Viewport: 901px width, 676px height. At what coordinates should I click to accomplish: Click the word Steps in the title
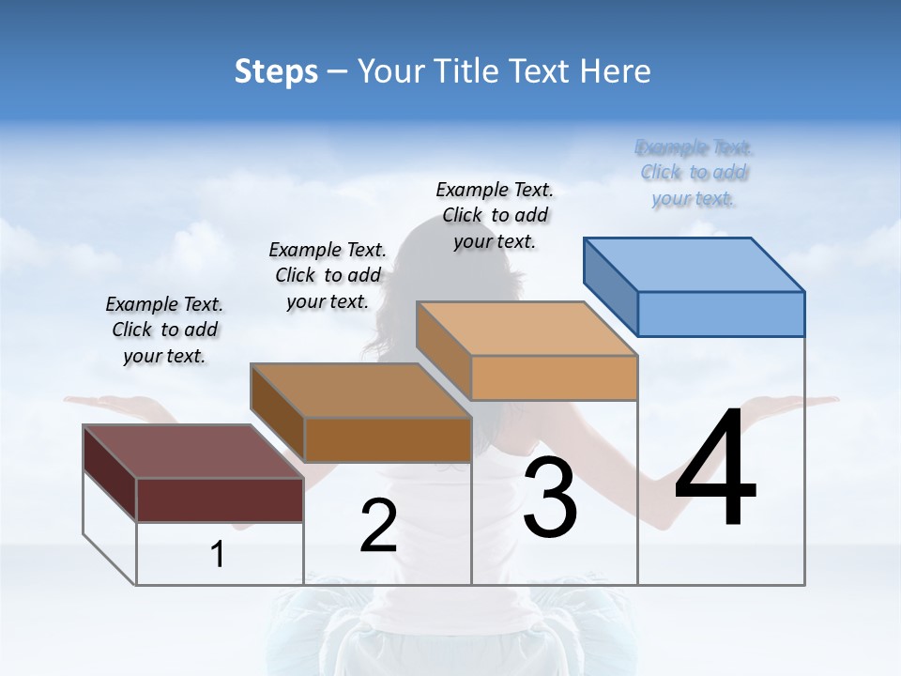(276, 71)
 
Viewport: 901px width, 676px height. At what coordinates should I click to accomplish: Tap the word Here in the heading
(615, 71)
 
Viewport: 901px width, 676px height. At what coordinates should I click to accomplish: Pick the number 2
(378, 526)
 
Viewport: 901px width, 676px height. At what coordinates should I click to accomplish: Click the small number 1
(218, 555)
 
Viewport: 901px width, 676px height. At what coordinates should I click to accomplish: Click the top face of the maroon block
(193, 451)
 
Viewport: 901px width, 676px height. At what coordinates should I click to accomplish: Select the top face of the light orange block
(526, 329)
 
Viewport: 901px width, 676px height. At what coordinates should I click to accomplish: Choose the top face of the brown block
(360, 390)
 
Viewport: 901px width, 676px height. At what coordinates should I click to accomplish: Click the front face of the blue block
(721, 314)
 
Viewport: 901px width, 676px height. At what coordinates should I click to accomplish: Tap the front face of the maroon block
(220, 499)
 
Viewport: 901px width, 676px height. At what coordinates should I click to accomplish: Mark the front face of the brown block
(388, 439)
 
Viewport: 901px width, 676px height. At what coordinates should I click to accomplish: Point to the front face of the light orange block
(554, 377)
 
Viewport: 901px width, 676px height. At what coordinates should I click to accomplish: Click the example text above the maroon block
(164, 330)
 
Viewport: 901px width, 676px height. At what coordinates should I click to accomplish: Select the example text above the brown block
(328, 275)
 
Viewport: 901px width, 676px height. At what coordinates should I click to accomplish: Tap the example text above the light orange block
(495, 215)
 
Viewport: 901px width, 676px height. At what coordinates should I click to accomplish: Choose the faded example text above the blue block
(695, 173)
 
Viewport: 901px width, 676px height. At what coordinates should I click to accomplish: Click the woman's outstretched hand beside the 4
(807, 403)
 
